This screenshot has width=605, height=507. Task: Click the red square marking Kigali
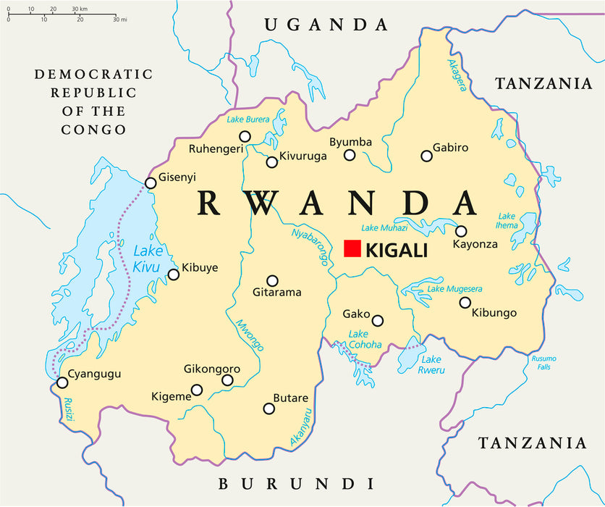tap(352, 248)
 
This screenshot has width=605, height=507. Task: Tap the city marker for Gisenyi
tap(151, 183)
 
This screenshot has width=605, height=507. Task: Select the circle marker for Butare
tap(269, 408)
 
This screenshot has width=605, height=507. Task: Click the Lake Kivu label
tap(148, 259)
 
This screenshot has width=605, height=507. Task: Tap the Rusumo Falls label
tap(543, 362)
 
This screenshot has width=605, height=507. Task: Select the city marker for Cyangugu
tap(62, 382)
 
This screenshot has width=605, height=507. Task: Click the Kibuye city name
tap(200, 267)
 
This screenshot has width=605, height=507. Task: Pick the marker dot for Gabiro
tap(427, 156)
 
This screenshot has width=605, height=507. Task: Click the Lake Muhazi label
tap(394, 227)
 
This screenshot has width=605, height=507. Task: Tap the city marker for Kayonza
tap(461, 231)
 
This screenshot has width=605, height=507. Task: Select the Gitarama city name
tap(277, 293)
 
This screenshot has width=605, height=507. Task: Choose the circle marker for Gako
tap(378, 321)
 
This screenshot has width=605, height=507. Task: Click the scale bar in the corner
tap(62, 14)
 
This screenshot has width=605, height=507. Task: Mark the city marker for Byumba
tap(350, 155)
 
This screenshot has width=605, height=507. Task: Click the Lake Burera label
tap(248, 120)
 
